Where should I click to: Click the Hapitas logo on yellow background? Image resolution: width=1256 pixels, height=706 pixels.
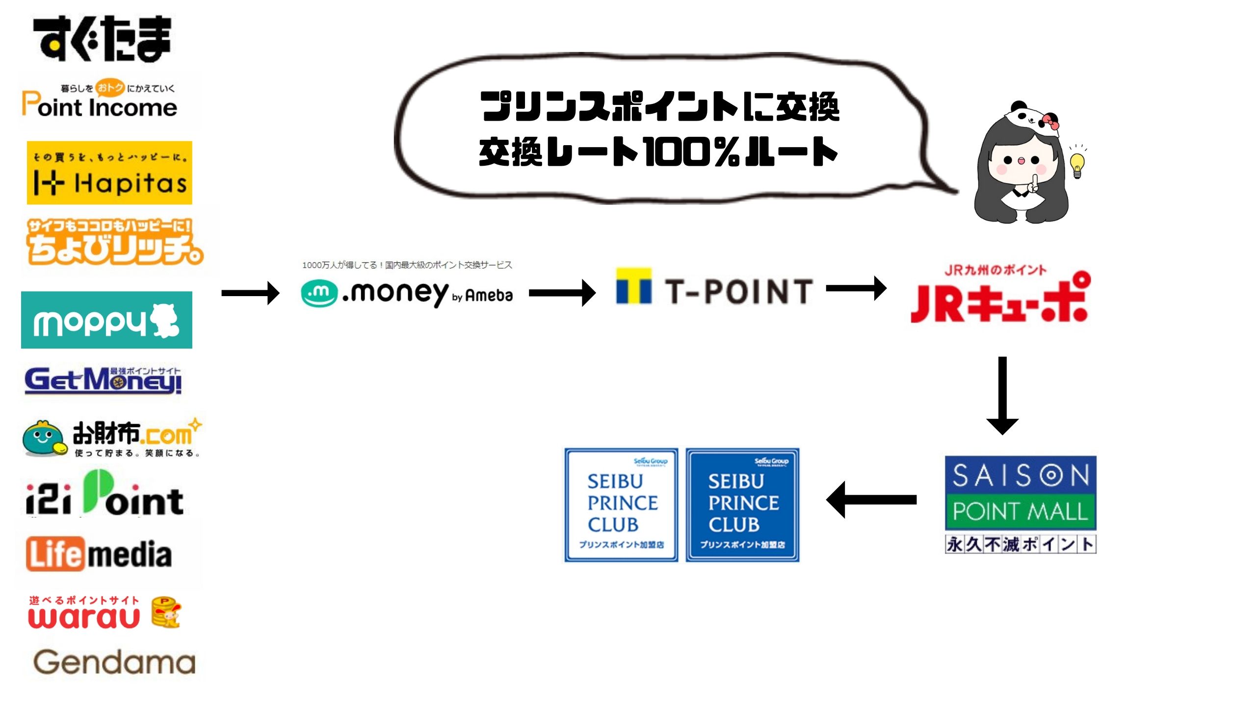[109, 173]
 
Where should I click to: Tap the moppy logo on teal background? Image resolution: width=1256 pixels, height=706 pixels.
[106, 320]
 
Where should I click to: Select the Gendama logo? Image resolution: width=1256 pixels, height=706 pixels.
[114, 662]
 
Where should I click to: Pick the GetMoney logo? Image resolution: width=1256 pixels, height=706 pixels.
[103, 380]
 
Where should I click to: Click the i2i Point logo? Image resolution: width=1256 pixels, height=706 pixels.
[105, 495]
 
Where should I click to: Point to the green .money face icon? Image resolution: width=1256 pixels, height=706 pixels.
[319, 293]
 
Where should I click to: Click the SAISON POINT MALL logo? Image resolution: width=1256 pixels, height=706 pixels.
[1020, 493]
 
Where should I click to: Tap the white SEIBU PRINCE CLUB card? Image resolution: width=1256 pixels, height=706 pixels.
[621, 505]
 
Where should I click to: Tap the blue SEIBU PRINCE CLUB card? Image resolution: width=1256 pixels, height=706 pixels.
[742, 505]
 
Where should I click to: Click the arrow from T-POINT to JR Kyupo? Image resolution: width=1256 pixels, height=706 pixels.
[856, 288]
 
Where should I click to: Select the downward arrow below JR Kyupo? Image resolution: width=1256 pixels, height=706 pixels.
[1002, 395]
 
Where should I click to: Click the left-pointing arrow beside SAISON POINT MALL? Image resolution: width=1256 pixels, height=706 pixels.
[871, 500]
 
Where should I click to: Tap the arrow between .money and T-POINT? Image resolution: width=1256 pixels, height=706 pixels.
[562, 293]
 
